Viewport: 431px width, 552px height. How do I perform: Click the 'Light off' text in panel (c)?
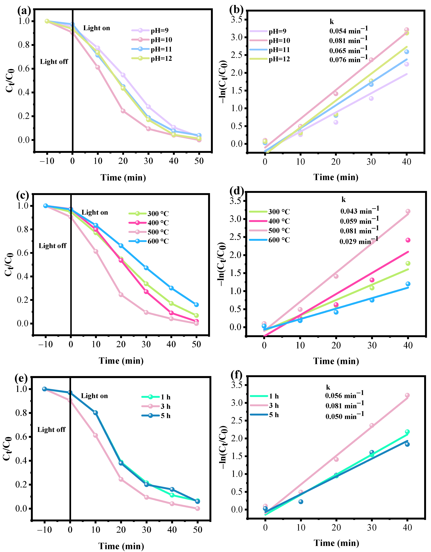click(52, 246)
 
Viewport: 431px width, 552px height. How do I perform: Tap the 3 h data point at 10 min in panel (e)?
click(95, 435)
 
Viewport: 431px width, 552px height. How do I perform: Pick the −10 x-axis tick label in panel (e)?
click(45, 529)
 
